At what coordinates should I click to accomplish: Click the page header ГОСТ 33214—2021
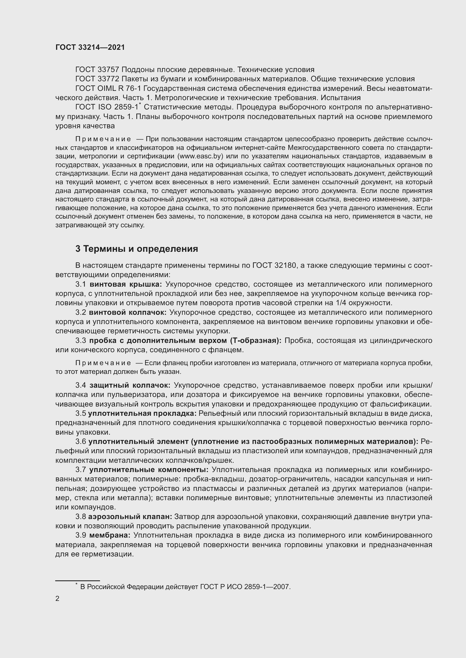90,47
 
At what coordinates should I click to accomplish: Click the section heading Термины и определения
141,249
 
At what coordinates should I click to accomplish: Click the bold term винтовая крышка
126,284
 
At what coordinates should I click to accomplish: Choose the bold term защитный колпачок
130,385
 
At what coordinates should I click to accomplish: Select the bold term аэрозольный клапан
130,517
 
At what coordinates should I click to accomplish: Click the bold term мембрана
110,535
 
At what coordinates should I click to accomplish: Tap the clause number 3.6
81,442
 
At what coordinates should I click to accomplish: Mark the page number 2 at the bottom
57,599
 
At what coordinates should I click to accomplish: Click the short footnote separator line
77,580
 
